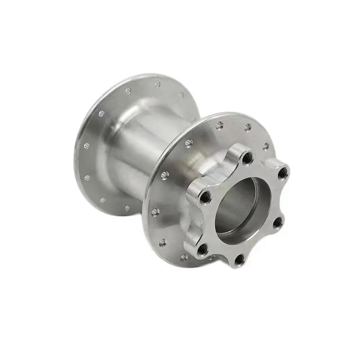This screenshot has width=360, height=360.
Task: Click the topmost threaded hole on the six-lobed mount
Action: pyautogui.click(x=247, y=157)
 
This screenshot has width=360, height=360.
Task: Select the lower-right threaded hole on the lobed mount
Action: pyautogui.click(x=278, y=221)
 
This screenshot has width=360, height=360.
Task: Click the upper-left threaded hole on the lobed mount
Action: pyautogui.click(x=205, y=196)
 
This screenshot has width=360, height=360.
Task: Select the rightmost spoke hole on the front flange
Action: pyautogui.click(x=266, y=146)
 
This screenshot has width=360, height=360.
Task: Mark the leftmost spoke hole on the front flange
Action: pyautogui.click(x=155, y=211)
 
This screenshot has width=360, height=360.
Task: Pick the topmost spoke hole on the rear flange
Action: pyautogui.click(x=157, y=85)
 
